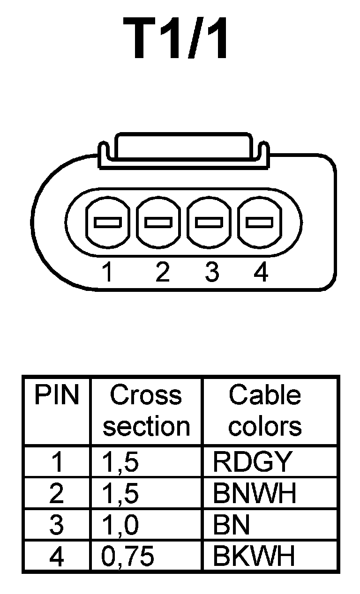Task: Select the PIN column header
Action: point(56,396)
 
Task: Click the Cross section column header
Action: point(146,411)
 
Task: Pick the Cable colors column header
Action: point(265,411)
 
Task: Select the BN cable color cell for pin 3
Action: point(231,525)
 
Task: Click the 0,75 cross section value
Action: point(128,556)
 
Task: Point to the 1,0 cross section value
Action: point(120,525)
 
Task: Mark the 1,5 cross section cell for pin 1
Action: point(120,462)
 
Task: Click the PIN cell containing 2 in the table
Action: point(56,493)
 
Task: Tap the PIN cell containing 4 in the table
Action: point(56,556)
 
